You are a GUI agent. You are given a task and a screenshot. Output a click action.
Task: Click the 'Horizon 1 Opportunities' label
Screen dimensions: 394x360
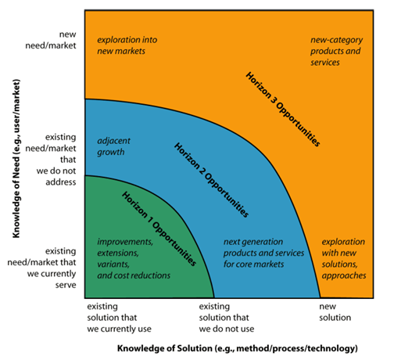tap(159, 229)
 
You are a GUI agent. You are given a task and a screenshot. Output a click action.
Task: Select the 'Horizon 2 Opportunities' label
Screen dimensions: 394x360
tap(211, 180)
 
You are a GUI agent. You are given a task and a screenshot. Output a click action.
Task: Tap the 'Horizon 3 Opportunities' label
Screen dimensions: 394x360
tap(283, 109)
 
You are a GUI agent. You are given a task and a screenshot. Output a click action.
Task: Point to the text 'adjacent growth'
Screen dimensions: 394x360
tap(113, 146)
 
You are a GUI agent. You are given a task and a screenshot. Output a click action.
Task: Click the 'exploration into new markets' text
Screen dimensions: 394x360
tap(127, 45)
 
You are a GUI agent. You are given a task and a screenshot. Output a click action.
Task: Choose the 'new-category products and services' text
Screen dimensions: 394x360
tap(336, 51)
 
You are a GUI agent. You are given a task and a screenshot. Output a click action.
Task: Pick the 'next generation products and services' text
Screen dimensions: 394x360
tap(263, 253)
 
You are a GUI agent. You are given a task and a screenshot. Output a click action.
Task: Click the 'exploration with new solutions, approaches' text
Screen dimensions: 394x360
tap(344, 258)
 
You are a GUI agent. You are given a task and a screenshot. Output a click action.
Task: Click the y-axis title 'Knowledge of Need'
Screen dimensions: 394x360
tap(16, 159)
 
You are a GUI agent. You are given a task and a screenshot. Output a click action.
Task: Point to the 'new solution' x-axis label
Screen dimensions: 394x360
tap(335, 312)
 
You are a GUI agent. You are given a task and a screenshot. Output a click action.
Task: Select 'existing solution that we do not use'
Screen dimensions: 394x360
tap(227, 318)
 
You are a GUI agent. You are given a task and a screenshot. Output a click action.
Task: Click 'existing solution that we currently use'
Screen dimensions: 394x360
tap(119, 318)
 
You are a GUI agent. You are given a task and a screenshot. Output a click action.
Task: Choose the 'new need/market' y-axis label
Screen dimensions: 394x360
tap(51, 40)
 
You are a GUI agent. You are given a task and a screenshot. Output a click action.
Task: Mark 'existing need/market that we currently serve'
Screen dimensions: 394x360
tap(41, 268)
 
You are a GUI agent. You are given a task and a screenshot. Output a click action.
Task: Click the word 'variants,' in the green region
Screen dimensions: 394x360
tap(113, 265)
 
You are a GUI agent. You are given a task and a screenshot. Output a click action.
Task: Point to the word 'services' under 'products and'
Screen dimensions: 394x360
tap(325, 63)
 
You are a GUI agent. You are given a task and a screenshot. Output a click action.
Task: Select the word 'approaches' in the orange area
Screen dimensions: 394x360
tap(344, 276)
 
